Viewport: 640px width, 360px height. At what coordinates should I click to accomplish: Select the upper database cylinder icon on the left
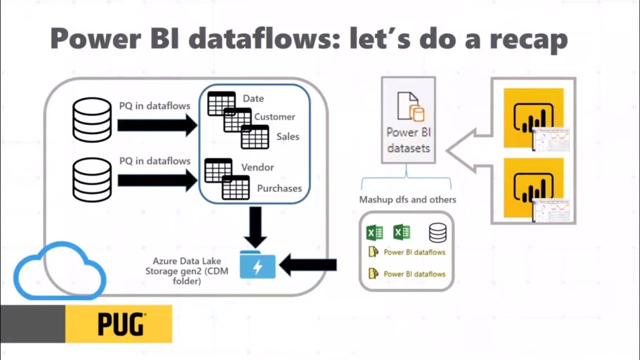coord(92,120)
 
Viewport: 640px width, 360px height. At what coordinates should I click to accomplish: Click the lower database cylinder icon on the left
coord(92,180)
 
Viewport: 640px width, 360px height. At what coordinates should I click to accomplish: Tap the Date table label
coord(253,98)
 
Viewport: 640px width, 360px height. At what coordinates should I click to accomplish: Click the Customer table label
coord(274,117)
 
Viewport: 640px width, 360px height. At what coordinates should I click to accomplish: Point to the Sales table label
coord(287,136)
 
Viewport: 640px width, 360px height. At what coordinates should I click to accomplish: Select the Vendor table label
coord(257,167)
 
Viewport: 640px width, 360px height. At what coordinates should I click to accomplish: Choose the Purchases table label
coord(279,188)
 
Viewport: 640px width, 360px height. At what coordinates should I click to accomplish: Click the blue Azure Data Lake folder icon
coord(257,265)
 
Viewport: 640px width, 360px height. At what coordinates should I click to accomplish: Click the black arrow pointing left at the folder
coord(307,265)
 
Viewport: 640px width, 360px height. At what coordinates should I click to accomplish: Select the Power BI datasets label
coord(408,140)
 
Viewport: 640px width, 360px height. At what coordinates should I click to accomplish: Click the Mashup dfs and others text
coord(407,199)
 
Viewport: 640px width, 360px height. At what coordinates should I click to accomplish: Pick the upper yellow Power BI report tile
coord(534,118)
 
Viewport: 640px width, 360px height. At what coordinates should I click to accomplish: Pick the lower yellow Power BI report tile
coord(534,187)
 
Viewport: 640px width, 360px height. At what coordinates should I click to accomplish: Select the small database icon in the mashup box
coord(437,233)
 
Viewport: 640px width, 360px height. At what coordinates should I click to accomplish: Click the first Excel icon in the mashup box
coord(374,233)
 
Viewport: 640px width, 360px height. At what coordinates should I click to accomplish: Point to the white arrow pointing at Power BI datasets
coord(467,150)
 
